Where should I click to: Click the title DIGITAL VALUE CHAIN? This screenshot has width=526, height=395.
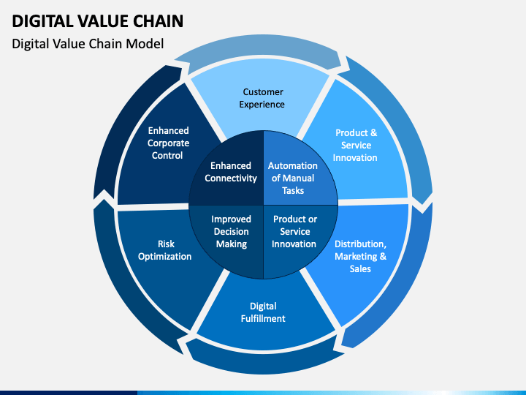point(98,21)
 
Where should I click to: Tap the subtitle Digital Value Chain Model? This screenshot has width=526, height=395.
point(88,44)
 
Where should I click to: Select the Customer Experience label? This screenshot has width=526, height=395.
point(262,98)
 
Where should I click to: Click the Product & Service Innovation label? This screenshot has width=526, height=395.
point(355,145)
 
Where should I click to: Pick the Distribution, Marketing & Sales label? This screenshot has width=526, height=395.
point(360,256)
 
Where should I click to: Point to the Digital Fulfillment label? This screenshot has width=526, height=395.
point(263,312)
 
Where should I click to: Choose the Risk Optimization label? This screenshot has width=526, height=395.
point(164,250)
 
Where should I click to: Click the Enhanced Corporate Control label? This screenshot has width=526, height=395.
point(168,143)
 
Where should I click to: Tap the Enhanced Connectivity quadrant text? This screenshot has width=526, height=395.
point(231,172)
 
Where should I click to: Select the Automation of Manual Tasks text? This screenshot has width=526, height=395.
point(293,178)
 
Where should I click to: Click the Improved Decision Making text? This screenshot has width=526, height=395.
point(231,232)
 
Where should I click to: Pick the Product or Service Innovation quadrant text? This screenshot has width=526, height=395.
point(294,232)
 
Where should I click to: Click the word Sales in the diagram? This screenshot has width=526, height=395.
point(360,269)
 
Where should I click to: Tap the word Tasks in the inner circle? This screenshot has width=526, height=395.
point(293,191)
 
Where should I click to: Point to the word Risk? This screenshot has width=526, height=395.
point(166,244)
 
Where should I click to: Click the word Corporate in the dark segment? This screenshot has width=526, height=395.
point(168,143)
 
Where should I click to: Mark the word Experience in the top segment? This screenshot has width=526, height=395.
point(262,105)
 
